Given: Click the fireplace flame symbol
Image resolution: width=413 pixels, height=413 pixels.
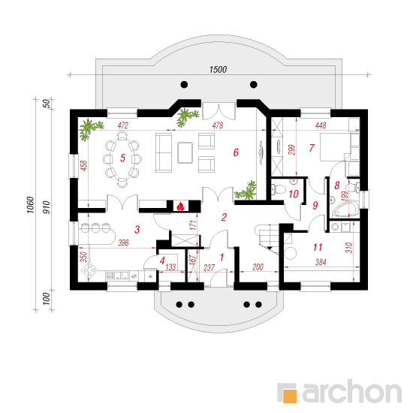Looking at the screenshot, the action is [x=180, y=206].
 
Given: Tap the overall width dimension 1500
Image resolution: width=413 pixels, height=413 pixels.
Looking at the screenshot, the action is [x=218, y=70].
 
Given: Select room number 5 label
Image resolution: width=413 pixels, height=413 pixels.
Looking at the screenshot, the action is [x=122, y=158].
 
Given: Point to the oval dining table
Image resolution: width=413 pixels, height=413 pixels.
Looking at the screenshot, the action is [x=122, y=159].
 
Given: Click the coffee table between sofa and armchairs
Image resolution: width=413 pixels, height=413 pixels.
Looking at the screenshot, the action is [x=185, y=152].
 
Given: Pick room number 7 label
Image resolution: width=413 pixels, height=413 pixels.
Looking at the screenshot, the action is [x=312, y=148].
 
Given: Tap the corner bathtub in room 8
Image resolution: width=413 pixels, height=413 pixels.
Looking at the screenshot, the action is [x=345, y=210].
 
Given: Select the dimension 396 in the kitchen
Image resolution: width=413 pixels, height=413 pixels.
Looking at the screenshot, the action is [x=123, y=243].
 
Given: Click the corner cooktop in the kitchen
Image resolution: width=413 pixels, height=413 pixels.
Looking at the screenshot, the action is [x=89, y=270].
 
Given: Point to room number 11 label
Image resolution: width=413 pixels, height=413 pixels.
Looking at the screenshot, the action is [x=318, y=247].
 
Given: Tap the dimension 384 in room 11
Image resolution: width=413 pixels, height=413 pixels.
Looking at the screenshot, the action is [x=321, y=262].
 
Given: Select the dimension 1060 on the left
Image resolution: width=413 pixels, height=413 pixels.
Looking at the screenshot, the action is [x=31, y=205].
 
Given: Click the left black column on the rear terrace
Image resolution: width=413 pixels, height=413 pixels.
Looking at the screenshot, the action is [x=184, y=85].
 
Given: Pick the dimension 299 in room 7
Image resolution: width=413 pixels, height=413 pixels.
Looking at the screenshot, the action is [x=292, y=149].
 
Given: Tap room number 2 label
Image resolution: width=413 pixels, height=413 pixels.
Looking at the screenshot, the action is [x=224, y=217].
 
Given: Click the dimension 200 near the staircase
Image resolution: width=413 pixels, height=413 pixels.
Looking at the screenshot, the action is [x=258, y=267].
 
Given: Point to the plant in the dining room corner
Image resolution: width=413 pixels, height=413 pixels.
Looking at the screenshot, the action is [x=89, y=129].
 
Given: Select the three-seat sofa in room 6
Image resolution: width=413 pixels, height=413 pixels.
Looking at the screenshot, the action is [x=164, y=153].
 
